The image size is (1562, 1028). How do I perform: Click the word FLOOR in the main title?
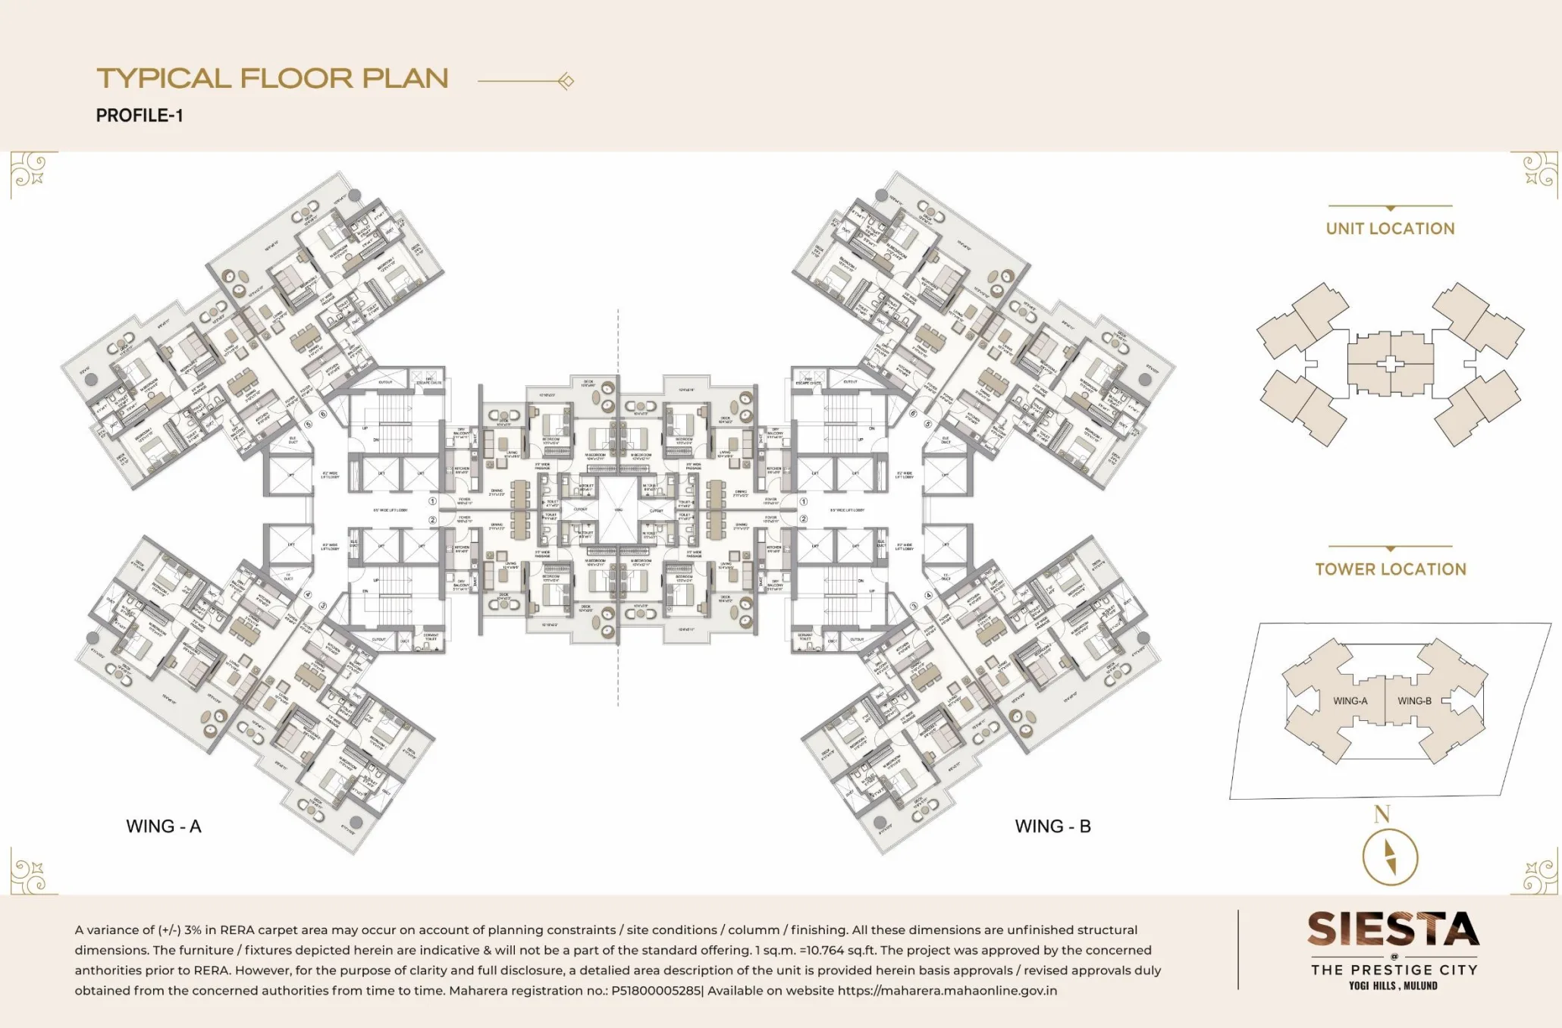[x=296, y=79]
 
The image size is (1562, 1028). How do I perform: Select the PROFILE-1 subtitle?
[x=140, y=116]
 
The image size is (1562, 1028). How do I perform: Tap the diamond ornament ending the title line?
[x=566, y=81]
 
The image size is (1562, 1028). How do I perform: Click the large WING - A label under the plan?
[x=164, y=826]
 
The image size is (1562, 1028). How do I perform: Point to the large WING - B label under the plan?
[x=1052, y=826]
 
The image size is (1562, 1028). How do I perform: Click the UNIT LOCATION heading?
[x=1390, y=229]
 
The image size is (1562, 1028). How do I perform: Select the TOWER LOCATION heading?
[x=1390, y=569]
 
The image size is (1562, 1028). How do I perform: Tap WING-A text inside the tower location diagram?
[x=1350, y=701]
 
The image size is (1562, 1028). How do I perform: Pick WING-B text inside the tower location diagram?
[x=1414, y=701]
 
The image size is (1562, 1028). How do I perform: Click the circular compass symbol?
[x=1390, y=857]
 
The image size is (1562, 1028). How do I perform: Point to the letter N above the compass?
[x=1382, y=815]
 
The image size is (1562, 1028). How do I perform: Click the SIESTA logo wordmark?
[x=1393, y=930]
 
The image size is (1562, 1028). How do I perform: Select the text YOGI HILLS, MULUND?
[x=1393, y=986]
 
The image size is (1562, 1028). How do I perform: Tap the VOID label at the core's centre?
[x=618, y=510]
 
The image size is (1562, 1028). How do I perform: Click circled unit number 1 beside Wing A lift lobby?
[x=433, y=501]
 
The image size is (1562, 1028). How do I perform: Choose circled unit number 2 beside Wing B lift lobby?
[x=803, y=519]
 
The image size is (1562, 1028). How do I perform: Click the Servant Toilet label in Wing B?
[x=805, y=638]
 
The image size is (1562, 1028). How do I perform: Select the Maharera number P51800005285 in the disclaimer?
[x=656, y=990]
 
